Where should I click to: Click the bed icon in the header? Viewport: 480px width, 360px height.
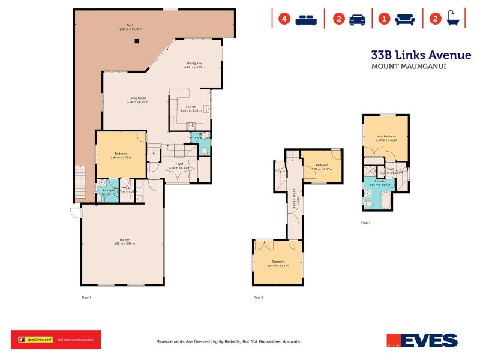pyautogui.click(x=307, y=19)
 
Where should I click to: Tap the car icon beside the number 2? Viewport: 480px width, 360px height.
pyautogui.click(x=357, y=19)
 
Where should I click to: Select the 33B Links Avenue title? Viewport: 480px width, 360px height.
pyautogui.click(x=421, y=55)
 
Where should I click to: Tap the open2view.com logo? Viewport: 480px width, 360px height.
pyautogui.click(x=36, y=340)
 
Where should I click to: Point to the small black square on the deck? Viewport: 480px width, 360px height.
pyautogui.click(x=137, y=41)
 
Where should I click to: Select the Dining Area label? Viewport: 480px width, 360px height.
pyautogui.click(x=195, y=63)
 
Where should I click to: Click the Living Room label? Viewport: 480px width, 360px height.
pyautogui.click(x=137, y=98)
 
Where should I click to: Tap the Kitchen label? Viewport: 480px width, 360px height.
pyautogui.click(x=190, y=107)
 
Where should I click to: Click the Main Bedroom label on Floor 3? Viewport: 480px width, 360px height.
pyautogui.click(x=385, y=136)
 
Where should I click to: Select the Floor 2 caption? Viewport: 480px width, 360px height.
pyautogui.click(x=258, y=297)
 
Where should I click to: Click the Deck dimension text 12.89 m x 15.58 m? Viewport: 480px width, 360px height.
pyautogui.click(x=130, y=29)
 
